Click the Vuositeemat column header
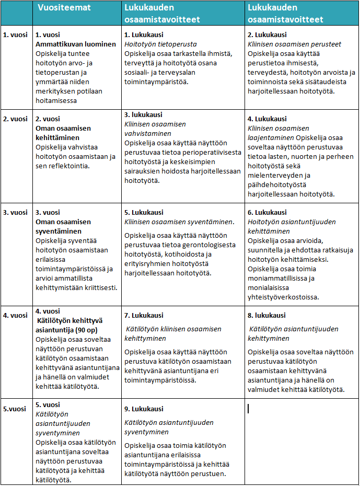coord(64,8)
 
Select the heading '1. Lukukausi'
coord(144,34)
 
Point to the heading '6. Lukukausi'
coord(267,213)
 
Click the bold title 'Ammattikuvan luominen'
coord(75,44)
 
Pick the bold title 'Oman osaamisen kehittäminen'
coord(63,133)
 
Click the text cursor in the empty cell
coord(248,408)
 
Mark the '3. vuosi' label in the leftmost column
coord(16,213)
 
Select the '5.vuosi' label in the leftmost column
coord(15,409)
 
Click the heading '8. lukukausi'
coord(267,315)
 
